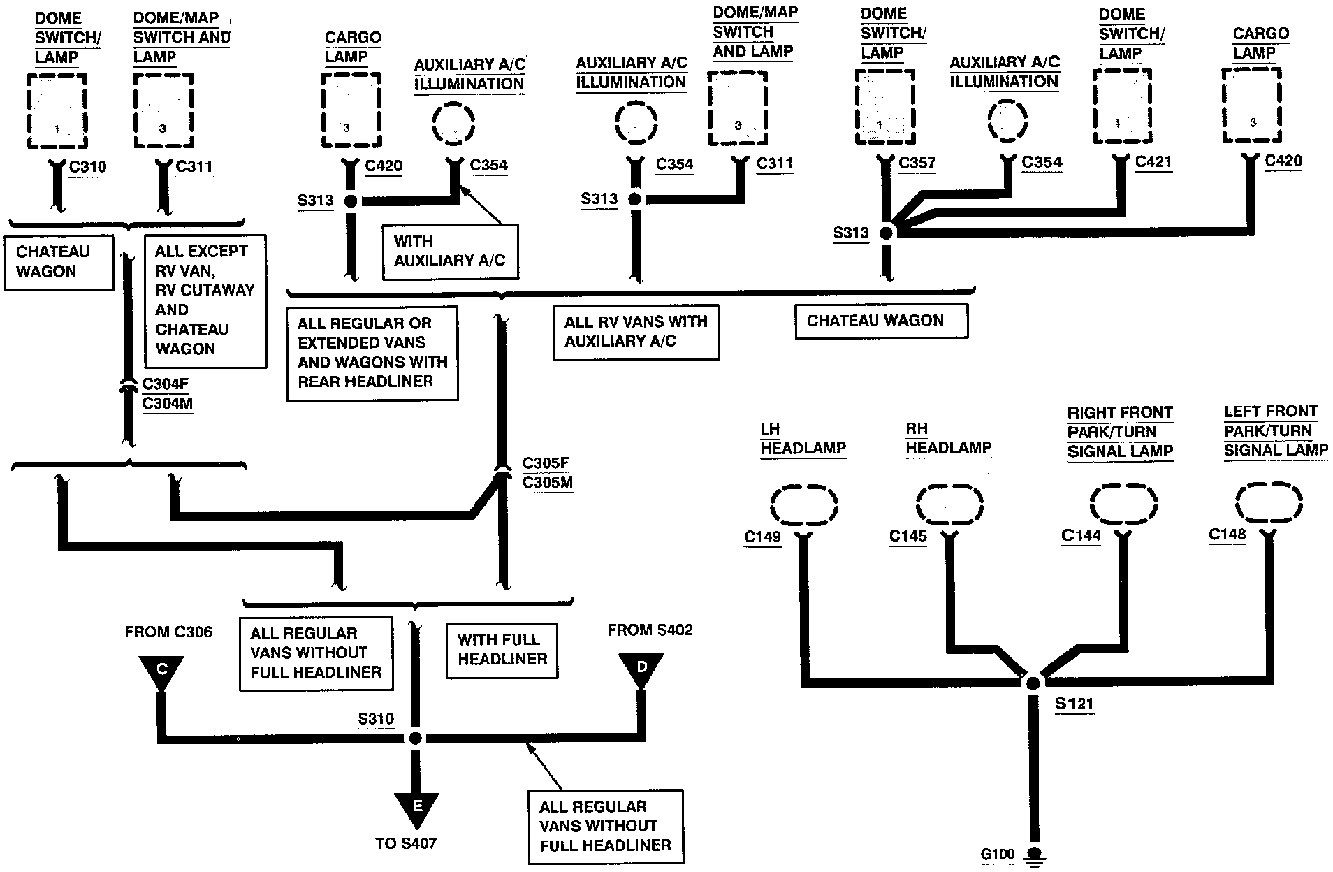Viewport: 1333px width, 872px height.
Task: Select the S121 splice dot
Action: pyautogui.click(x=1033, y=682)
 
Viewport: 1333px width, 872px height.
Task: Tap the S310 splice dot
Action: pyautogui.click(x=416, y=739)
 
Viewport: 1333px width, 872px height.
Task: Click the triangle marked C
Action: pyautogui.click(x=161, y=672)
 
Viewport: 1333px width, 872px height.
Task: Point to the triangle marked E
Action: pyautogui.click(x=417, y=811)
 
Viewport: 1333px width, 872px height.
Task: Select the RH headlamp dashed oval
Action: pyautogui.click(x=949, y=503)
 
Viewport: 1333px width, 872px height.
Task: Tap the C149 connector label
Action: pyautogui.click(x=762, y=537)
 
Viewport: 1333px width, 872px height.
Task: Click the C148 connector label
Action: pyautogui.click(x=1228, y=535)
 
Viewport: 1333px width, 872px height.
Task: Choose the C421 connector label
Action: pyautogui.click(x=1153, y=162)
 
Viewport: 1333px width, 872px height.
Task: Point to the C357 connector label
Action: pyautogui.click(x=917, y=163)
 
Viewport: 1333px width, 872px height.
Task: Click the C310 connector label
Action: pyautogui.click(x=88, y=167)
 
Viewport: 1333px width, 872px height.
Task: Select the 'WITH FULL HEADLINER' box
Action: pyautogui.click(x=502, y=649)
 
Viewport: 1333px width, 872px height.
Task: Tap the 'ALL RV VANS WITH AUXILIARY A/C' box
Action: pyautogui.click(x=636, y=331)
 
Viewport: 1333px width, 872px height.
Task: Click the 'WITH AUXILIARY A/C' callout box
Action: pyautogui.click(x=450, y=251)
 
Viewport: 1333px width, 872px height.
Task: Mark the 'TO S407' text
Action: pyautogui.click(x=406, y=843)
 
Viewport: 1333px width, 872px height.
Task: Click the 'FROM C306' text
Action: pyautogui.click(x=168, y=632)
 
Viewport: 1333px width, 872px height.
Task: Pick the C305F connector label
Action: pyautogui.click(x=546, y=463)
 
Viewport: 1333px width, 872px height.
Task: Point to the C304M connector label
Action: pyautogui.click(x=167, y=403)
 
